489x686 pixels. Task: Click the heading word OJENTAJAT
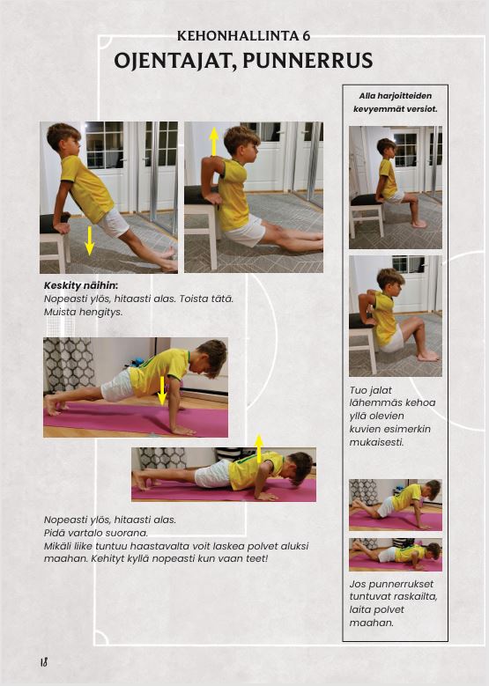171,61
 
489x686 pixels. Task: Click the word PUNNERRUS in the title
307,61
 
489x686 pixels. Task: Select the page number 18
44,662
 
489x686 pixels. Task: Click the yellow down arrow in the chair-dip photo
89,240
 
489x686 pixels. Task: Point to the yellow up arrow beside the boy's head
213,141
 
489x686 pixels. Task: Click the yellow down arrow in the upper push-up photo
162,390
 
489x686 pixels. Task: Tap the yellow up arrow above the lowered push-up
259,448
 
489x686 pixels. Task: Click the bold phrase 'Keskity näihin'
80,286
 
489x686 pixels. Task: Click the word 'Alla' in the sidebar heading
367,96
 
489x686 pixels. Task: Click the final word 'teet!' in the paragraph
256,558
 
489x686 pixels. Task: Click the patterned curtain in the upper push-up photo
70,365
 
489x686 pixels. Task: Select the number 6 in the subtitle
306,36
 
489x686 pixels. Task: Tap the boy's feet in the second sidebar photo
427,356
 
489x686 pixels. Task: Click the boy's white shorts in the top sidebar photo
396,196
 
